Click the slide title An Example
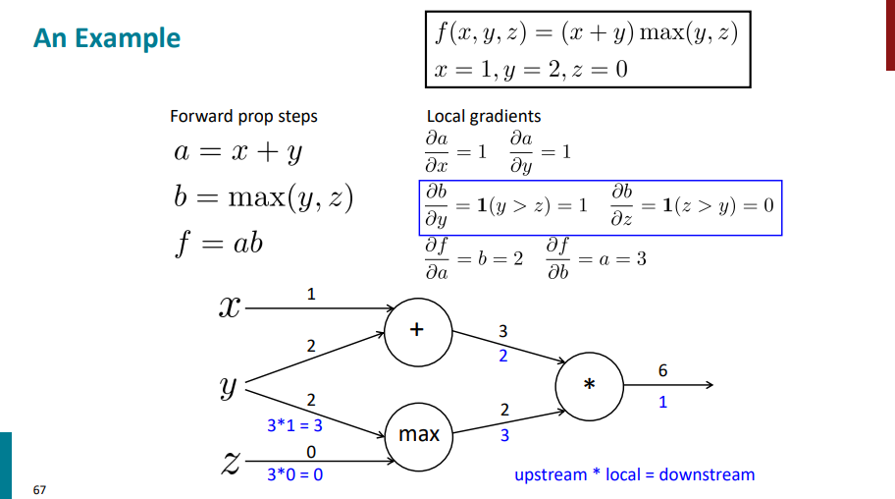[106, 39]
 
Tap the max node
[419, 433]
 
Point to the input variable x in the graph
[228, 307]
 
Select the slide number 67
[39, 489]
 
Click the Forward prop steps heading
[243, 116]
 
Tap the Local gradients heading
[484, 116]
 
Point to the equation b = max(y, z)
[262, 197]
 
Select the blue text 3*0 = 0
[295, 474]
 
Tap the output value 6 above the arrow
[662, 370]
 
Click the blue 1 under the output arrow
[662, 402]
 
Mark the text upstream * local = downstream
[635, 474]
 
